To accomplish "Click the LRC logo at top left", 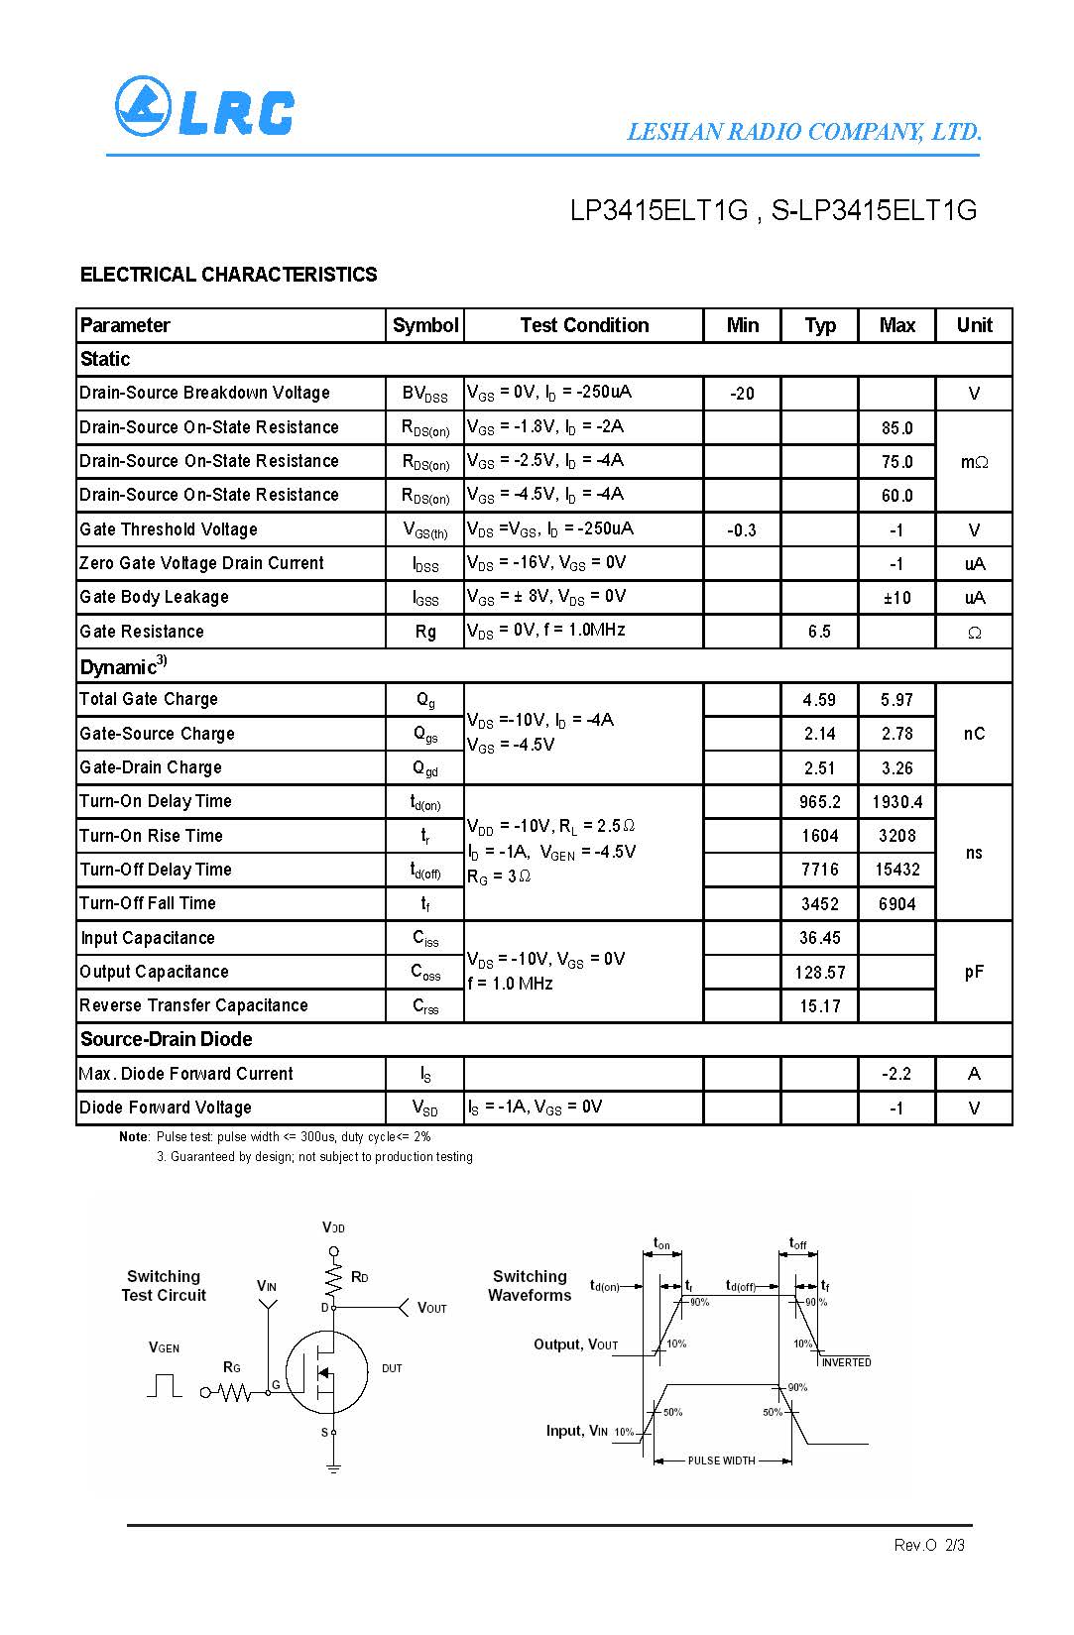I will tap(204, 107).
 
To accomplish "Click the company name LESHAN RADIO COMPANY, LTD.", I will tap(804, 132).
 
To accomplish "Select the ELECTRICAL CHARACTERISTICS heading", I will tap(228, 275).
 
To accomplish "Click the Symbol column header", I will tap(425, 325).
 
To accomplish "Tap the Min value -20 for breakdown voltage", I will tap(742, 394).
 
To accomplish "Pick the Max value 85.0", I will tap(896, 428).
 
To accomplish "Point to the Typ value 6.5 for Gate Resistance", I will tap(819, 632).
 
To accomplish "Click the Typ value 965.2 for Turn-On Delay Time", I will tap(819, 802).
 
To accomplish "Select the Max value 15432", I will tap(896, 870).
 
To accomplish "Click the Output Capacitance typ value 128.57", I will tap(819, 973).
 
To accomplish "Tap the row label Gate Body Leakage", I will tap(154, 597).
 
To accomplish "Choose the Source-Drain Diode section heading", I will tap(166, 1039).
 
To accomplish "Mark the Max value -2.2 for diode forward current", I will tap(896, 1074).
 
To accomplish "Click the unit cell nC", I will tap(974, 734).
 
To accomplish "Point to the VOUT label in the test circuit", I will tap(432, 1308).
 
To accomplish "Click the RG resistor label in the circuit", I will tap(232, 1367).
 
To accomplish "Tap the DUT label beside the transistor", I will tap(392, 1368).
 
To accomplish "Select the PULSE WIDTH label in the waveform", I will tap(721, 1460).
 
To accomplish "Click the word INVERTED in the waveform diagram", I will tap(846, 1362).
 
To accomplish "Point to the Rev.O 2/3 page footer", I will tap(928, 1545).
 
